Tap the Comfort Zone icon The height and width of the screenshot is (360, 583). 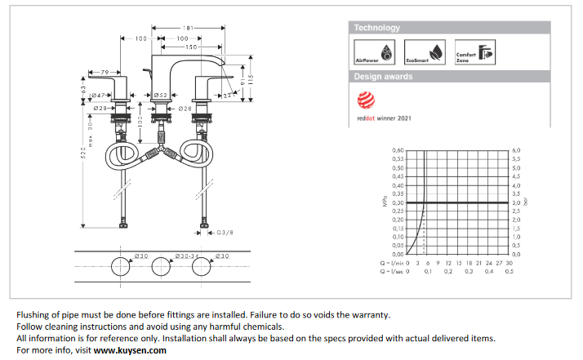coord(474,51)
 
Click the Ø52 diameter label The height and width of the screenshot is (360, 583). coord(161,96)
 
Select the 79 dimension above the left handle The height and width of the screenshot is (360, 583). coord(105,73)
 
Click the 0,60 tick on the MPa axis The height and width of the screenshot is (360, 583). coord(398,151)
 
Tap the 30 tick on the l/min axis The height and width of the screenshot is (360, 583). coord(510,263)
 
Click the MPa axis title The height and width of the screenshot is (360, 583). coord(384,203)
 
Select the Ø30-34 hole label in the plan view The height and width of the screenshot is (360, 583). coord(173,256)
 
